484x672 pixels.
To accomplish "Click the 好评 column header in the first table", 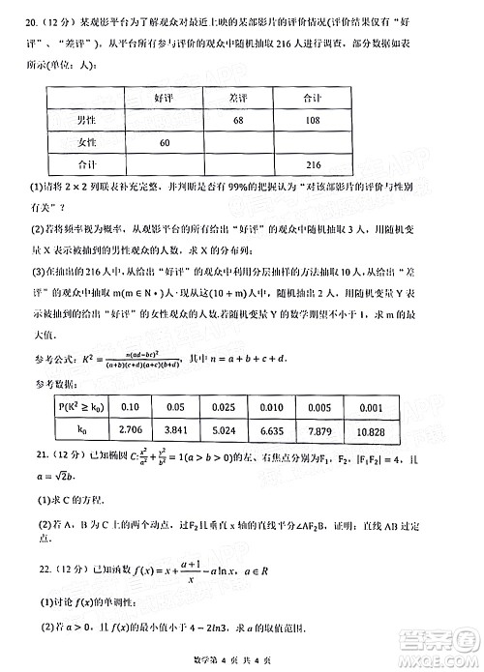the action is (x=164, y=99).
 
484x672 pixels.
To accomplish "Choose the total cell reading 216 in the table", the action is (x=313, y=164).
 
